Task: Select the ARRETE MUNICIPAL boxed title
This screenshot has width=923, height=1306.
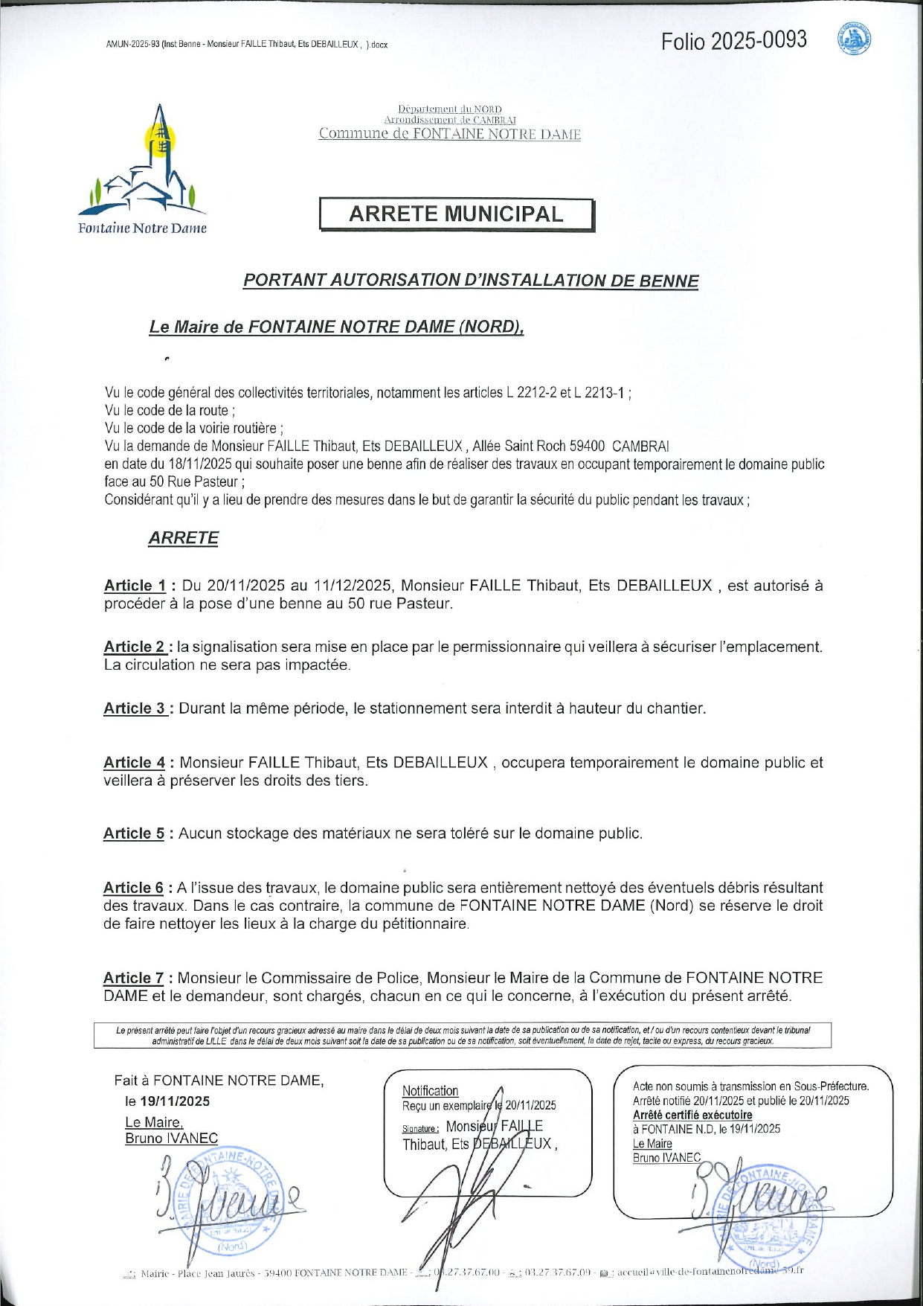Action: [x=457, y=214]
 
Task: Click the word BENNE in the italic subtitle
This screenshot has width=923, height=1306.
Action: [x=668, y=281]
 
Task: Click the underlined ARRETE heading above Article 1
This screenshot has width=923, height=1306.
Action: [x=183, y=538]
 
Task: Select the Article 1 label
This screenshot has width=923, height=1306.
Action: [x=135, y=586]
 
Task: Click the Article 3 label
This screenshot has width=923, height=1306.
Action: [x=135, y=708]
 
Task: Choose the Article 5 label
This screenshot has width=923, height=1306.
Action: [x=134, y=833]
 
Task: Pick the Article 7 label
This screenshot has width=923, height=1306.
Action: [x=134, y=978]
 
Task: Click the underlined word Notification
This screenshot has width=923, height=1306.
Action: [x=430, y=1091]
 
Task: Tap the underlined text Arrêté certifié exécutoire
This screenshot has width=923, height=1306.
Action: [x=692, y=1115]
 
